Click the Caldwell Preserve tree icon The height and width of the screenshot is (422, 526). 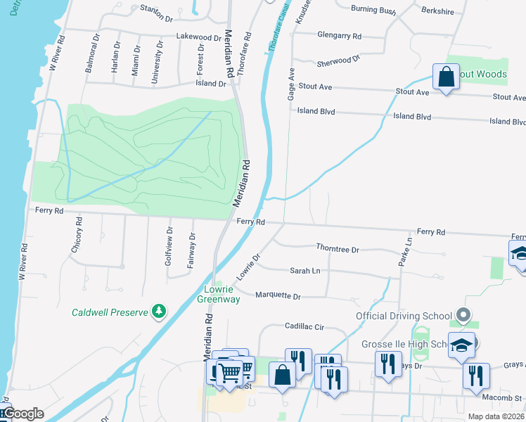tap(160, 311)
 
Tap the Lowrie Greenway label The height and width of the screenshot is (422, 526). tap(222, 294)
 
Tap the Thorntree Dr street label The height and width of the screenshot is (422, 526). tap(338, 250)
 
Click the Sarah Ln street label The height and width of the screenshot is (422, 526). tap(305, 271)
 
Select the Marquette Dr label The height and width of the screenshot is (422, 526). tap(278, 296)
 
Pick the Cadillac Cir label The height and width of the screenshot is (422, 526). tap(304, 327)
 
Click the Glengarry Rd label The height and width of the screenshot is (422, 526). tap(339, 35)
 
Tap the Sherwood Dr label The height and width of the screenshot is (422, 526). tap(338, 61)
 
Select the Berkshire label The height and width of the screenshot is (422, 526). tap(438, 11)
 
